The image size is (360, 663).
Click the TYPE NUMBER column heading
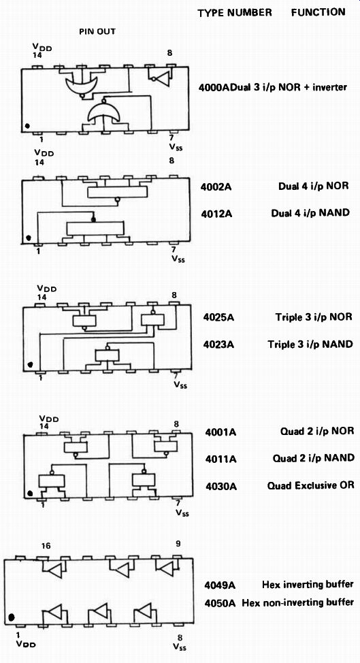[235, 13]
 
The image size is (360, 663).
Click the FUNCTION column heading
[318, 12]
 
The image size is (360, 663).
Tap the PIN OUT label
[97, 32]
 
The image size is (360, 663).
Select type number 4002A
[217, 187]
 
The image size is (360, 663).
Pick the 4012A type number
[218, 213]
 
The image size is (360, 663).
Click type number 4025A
[219, 317]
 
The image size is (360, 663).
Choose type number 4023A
[219, 344]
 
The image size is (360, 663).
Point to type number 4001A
[220, 432]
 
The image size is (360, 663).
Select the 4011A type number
[220, 459]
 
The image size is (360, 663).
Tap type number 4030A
[220, 486]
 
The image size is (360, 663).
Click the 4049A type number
[220, 585]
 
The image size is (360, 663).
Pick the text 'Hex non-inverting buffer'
[297, 602]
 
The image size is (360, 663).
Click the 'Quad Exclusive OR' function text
[310, 485]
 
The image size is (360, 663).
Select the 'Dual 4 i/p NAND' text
[310, 212]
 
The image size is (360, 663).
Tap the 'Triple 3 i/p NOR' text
[314, 317]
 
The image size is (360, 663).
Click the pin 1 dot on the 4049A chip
[12, 617]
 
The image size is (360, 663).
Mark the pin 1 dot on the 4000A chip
[27, 126]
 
